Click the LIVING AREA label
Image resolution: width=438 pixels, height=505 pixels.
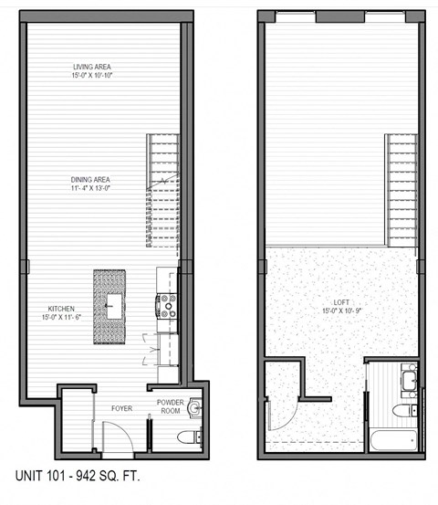click(x=99, y=67)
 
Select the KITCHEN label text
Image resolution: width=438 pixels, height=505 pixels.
click(x=57, y=309)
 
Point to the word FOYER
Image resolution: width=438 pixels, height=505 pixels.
click(x=122, y=408)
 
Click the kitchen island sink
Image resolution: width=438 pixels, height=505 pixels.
click(x=114, y=308)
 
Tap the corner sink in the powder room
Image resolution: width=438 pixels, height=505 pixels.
click(x=193, y=409)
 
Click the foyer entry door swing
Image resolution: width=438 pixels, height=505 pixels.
click(x=118, y=441)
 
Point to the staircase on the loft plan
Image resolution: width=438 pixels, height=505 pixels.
click(x=401, y=189)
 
